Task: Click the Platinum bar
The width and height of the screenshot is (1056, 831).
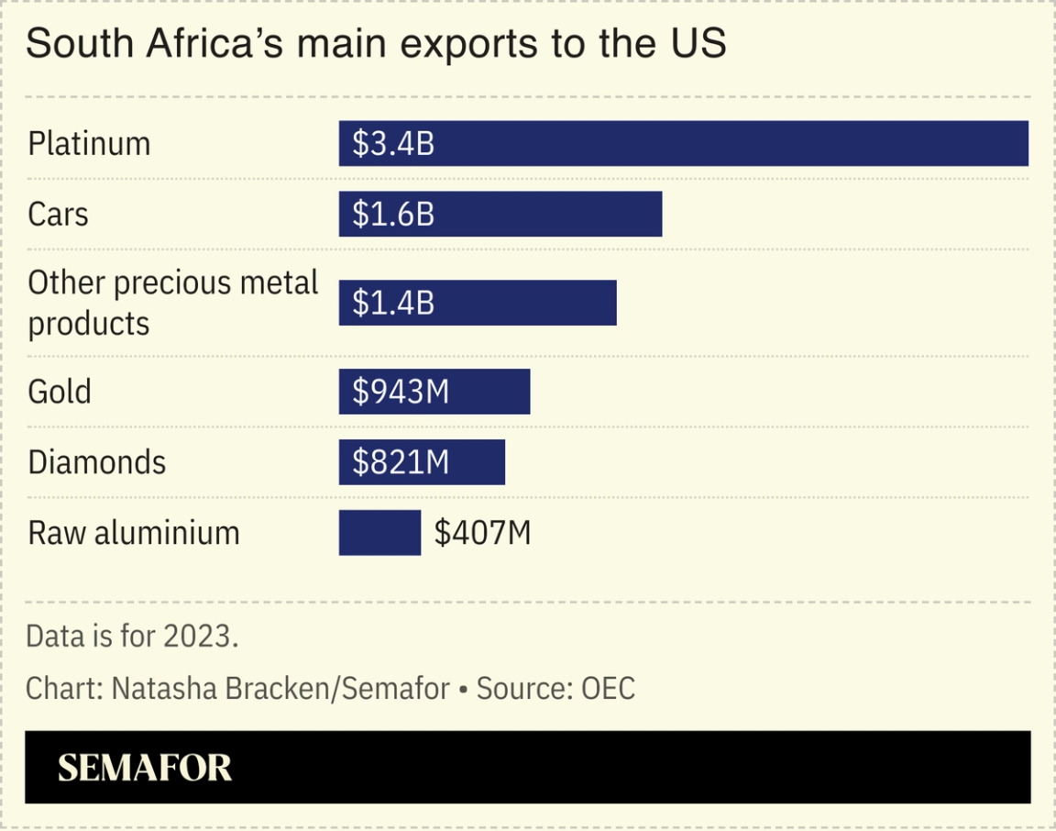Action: click(x=683, y=144)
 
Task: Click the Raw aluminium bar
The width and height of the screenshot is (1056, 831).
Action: click(x=379, y=533)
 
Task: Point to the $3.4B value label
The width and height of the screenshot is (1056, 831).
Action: click(x=393, y=144)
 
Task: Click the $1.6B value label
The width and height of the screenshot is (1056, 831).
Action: click(x=393, y=214)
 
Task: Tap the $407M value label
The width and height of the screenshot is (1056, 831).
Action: click(x=482, y=533)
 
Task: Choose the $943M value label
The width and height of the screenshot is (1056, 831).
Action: click(x=401, y=392)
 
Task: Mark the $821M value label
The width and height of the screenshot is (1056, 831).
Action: click(x=401, y=462)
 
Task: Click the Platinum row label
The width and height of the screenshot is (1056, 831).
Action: click(x=89, y=144)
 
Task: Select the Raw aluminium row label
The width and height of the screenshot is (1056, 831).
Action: click(x=134, y=533)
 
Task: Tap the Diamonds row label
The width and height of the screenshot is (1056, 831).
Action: click(x=97, y=462)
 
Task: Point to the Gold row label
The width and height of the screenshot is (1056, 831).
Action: click(x=60, y=392)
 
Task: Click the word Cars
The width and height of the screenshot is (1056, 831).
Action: click(x=59, y=214)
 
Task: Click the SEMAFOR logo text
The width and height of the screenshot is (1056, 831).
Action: click(x=145, y=768)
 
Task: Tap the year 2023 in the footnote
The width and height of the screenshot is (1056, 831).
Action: click(x=199, y=636)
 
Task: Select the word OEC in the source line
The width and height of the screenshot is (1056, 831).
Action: click(x=609, y=688)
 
